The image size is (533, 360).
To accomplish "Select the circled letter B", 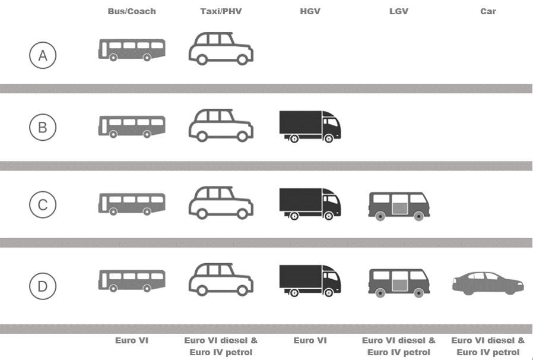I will point(43,127).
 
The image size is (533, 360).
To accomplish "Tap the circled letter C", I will point(43,205).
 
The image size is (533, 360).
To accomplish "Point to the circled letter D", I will point(43,286).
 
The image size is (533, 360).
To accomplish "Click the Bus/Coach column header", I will point(132,11).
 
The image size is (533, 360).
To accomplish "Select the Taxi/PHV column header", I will point(221,11).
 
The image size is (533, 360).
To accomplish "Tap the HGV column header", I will point(310,11).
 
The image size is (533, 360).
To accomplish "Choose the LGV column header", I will point(399,11).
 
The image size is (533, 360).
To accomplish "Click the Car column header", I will point(488,11).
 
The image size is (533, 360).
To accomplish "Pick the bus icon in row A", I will point(132,49).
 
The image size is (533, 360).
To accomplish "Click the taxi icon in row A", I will point(221,48).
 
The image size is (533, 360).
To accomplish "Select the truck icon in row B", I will point(310,126).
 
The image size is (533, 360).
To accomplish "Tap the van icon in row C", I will point(399,206).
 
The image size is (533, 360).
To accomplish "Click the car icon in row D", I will point(488,283).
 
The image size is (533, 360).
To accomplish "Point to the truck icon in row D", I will point(310,280).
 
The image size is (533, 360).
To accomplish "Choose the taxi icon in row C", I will point(221,203).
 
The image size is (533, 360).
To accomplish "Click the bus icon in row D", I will point(132,280).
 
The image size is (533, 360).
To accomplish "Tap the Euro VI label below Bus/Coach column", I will point(132,340).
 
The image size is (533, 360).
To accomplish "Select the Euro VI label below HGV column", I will point(310,340).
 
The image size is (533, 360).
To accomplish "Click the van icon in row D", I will point(399,282).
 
